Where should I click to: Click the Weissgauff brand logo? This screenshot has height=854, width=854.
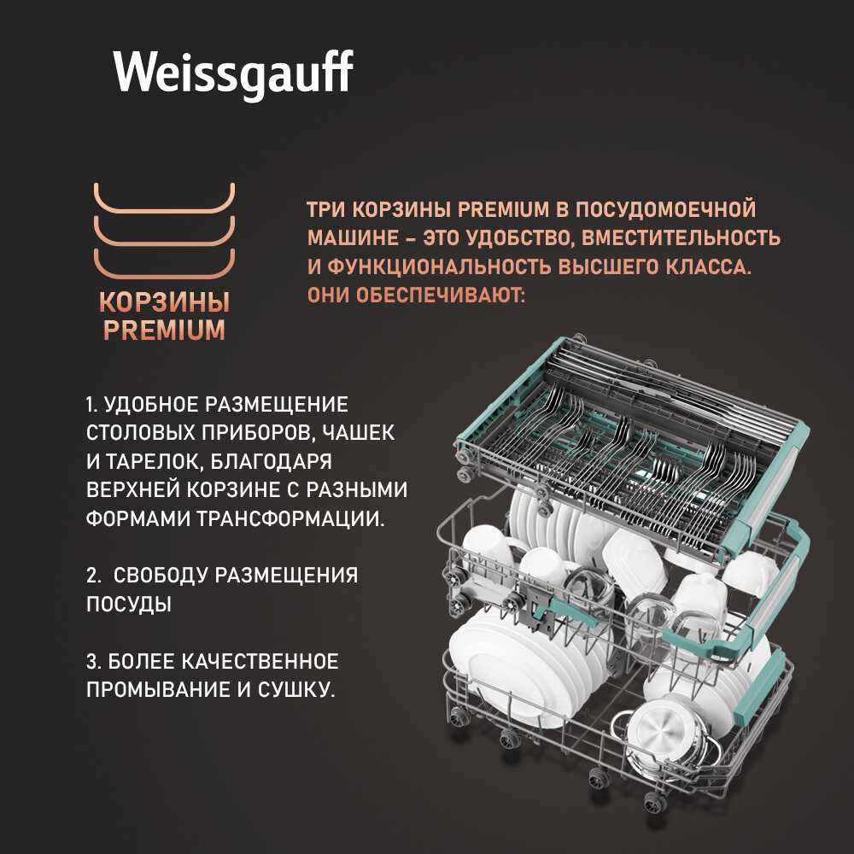(234, 73)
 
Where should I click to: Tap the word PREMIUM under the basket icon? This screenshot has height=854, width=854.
(165, 330)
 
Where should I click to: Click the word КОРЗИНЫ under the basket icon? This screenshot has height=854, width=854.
(165, 302)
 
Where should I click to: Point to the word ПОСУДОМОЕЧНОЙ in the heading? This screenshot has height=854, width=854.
(665, 210)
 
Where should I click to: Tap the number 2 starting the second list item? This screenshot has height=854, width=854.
(92, 575)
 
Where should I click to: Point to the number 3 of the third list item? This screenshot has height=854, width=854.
(92, 661)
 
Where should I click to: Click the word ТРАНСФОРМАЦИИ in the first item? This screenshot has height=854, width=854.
(291, 518)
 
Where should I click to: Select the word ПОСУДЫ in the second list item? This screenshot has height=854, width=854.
(129, 604)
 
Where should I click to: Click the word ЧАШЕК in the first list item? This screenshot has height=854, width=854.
(358, 433)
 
